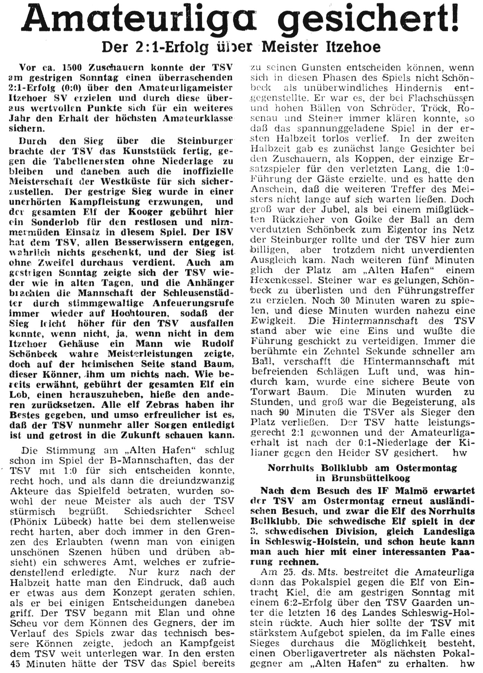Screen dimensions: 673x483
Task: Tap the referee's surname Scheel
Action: point(217,511)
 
